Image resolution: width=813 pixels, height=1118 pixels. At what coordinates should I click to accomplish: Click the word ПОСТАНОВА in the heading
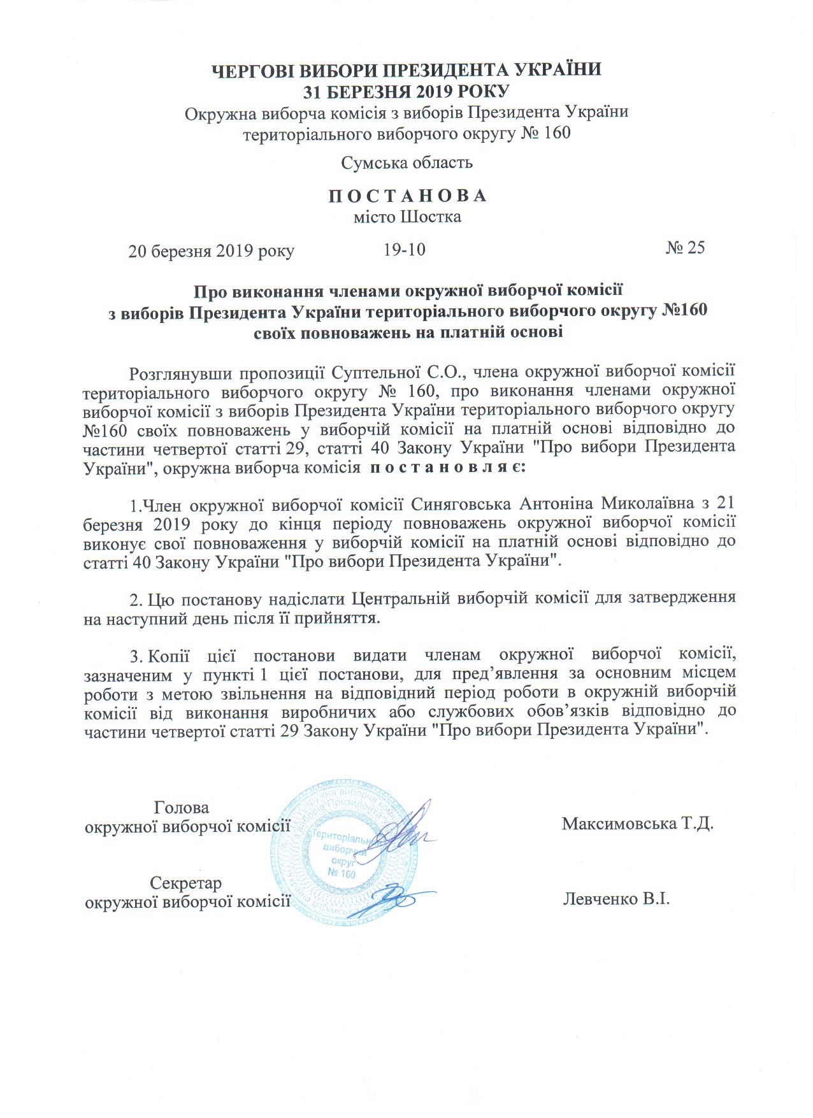click(x=407, y=196)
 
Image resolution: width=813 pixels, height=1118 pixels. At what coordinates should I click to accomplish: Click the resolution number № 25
click(x=685, y=248)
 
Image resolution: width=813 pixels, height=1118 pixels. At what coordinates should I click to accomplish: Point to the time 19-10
click(x=404, y=249)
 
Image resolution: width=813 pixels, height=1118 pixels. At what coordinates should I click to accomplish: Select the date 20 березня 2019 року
click(x=211, y=251)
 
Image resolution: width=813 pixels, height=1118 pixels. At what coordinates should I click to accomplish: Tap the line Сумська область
click(x=406, y=162)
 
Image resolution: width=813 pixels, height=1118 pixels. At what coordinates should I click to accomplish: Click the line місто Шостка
click(x=407, y=217)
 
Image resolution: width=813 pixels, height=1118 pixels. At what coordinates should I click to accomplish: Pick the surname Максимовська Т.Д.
click(x=637, y=824)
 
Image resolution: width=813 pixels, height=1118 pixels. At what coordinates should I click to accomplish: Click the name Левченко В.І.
click(x=616, y=899)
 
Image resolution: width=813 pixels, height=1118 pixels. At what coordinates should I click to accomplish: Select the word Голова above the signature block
click(x=182, y=808)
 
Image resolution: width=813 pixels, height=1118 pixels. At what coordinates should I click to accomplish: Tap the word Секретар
click(x=185, y=884)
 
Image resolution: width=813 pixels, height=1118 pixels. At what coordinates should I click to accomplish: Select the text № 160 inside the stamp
click(x=342, y=873)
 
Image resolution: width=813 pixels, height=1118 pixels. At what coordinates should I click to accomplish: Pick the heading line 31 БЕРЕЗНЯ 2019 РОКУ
click(x=406, y=91)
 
